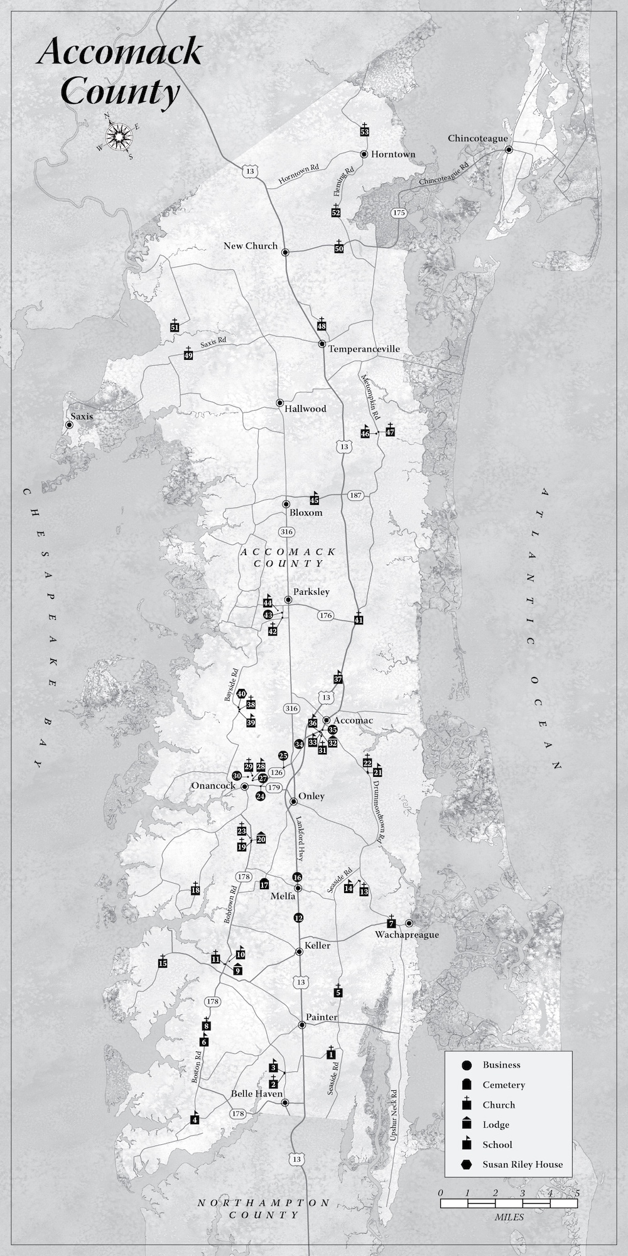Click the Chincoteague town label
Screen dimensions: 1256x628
pyautogui.click(x=477, y=138)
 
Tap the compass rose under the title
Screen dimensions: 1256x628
pyautogui.click(x=118, y=135)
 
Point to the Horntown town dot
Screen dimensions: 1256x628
pyautogui.click(x=364, y=154)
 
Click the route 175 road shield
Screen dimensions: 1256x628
pyautogui.click(x=398, y=213)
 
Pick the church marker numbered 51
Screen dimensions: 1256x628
pyautogui.click(x=175, y=327)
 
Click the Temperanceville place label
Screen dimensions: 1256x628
pyautogui.click(x=364, y=349)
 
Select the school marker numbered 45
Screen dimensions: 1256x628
pyautogui.click(x=315, y=500)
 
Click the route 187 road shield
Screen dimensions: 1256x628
pyautogui.click(x=356, y=495)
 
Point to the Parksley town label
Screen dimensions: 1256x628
pyautogui.click(x=311, y=592)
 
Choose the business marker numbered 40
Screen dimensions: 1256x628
pyautogui.click(x=241, y=694)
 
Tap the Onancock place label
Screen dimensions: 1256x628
pyautogui.click(x=214, y=786)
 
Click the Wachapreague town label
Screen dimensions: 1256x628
pyautogui.click(x=407, y=934)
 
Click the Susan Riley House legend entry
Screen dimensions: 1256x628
pyautogui.click(x=522, y=1164)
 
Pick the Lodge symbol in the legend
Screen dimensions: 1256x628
pyautogui.click(x=466, y=1124)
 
